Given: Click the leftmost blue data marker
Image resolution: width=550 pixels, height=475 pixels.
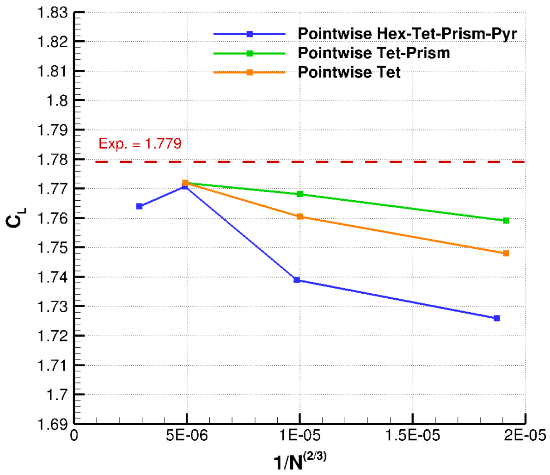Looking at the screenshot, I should [139, 206].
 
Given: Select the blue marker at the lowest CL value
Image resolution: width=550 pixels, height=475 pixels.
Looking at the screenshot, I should [497, 318].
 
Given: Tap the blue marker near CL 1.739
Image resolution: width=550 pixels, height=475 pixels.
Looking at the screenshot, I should [297, 280].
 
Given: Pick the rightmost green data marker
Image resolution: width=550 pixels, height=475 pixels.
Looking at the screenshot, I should [506, 221].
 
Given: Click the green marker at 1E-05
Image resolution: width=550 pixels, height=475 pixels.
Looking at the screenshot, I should [299, 194].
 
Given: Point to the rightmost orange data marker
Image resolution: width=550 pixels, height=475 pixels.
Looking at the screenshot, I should [506, 253].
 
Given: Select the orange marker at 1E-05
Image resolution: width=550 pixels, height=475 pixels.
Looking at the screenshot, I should [299, 216].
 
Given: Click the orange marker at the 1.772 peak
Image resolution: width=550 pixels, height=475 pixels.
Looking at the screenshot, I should [185, 183].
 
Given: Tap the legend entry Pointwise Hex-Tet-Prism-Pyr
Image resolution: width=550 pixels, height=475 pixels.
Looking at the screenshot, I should [407, 34].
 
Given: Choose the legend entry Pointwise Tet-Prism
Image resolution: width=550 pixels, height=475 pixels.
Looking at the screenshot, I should [373, 53].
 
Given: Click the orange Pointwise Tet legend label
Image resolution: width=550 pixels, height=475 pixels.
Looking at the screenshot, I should [349, 72].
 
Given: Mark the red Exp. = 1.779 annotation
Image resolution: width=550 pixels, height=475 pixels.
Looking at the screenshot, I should [140, 144].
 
